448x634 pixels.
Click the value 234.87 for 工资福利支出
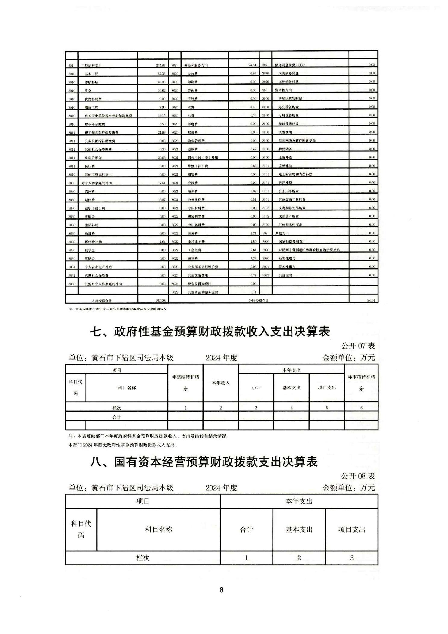click(161, 65)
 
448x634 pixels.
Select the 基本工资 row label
click(91, 74)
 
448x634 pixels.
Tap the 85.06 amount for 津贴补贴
click(161, 82)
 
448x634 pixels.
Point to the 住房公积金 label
click(93, 158)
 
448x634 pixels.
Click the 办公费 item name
click(193, 73)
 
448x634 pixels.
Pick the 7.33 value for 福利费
click(253, 258)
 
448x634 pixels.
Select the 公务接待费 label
click(196, 200)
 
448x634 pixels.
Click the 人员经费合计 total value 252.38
click(161, 301)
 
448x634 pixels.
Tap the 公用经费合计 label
click(258, 301)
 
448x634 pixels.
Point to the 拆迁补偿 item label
click(285, 183)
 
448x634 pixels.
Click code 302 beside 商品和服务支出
click(174, 65)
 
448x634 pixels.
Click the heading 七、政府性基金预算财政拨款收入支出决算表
click(210, 332)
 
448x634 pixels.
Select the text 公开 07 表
click(358, 346)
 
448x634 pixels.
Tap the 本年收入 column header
click(221, 383)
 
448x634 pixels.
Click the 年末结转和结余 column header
click(361, 383)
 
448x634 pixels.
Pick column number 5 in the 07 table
click(327, 408)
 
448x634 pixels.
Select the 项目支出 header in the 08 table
click(352, 529)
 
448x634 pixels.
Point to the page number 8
click(221, 590)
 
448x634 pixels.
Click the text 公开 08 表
click(358, 476)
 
